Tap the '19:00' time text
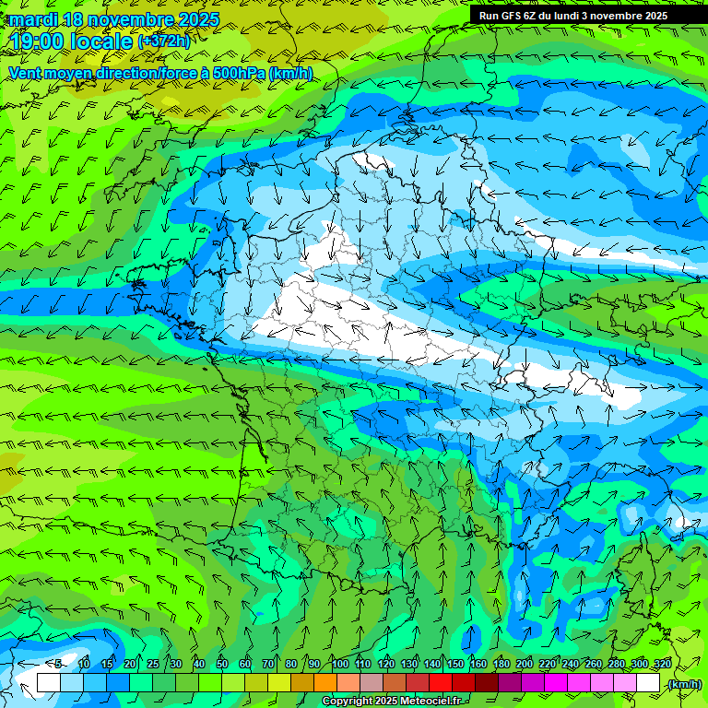tap(39, 41)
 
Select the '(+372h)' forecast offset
tap(164, 41)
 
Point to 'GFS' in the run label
tap(513, 16)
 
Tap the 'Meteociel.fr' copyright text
tap(424, 702)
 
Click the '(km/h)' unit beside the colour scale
tap(685, 683)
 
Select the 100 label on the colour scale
tap(340, 665)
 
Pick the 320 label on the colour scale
tap(662, 665)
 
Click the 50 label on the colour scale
tap(222, 665)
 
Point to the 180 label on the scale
tap(501, 665)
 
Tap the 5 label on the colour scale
tap(58, 665)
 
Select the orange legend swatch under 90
tap(325, 683)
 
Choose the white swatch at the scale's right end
tap(648, 683)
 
